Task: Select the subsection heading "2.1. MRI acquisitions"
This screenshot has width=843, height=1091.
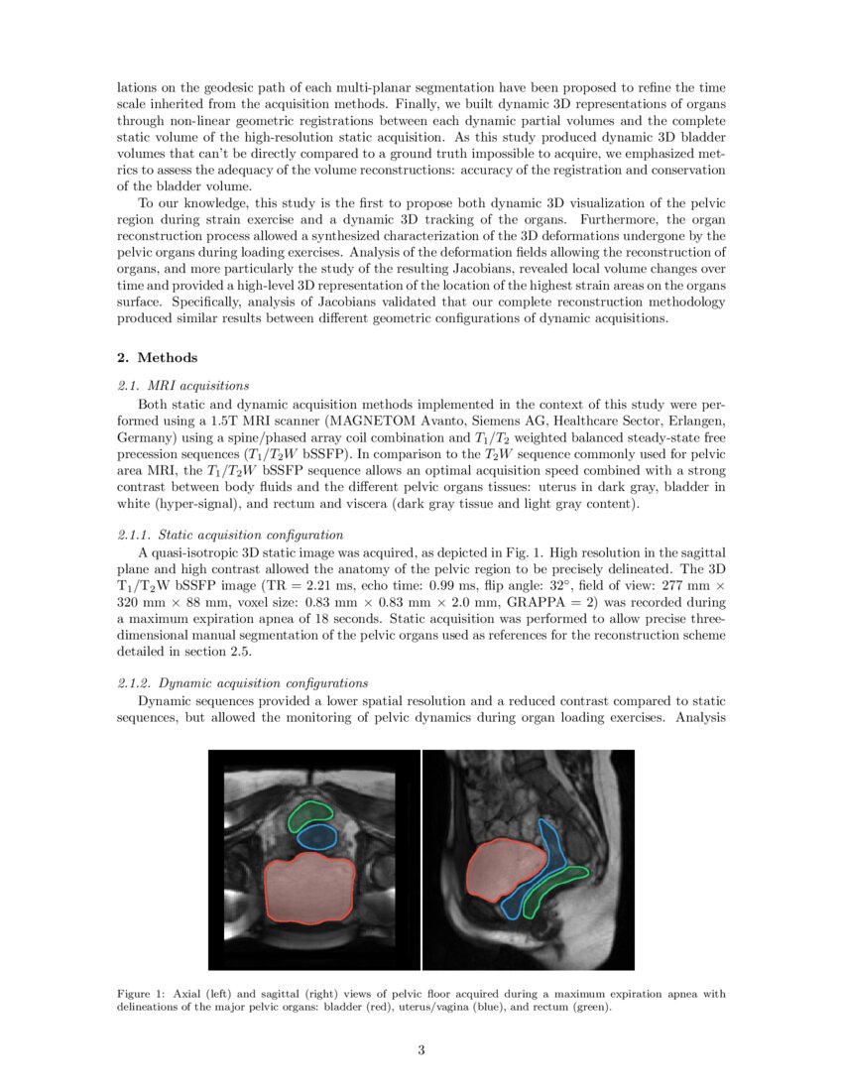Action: coord(183,385)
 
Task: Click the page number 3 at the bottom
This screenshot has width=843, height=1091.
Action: coord(421,1051)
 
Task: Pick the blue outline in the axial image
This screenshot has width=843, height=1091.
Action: coord(317,837)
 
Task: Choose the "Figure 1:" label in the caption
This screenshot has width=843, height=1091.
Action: coord(142,993)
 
